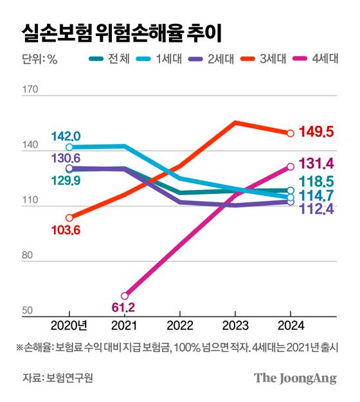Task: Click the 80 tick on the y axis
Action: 28,256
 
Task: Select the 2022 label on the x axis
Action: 181,326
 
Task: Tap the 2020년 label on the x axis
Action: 69,326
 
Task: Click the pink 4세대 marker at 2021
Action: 125,296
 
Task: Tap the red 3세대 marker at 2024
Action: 291,134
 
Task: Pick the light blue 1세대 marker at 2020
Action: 69,147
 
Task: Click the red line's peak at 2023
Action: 236,122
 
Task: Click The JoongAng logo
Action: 295,378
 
